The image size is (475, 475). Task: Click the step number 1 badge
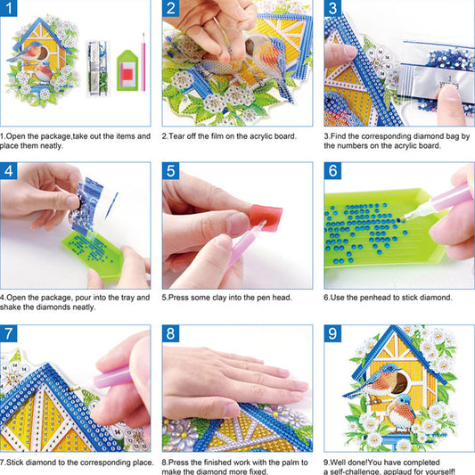(10, 11)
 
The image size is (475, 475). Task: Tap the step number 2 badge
(172, 11)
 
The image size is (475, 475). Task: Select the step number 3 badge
(334, 11)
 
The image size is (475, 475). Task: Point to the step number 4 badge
(10, 173)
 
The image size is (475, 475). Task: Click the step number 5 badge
(172, 173)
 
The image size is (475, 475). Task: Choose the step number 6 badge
(334, 173)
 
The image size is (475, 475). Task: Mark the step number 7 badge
(10, 335)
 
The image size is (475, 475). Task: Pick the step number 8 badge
(172, 335)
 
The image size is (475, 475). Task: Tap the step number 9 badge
(334, 335)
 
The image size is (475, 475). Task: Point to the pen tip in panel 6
(414, 207)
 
